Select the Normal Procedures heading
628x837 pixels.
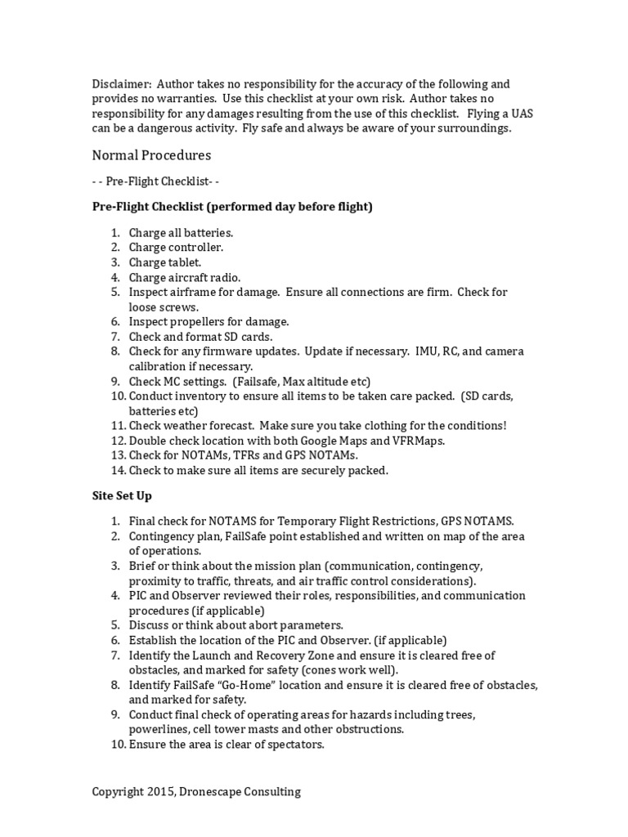[151, 154]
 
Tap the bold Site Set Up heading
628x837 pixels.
[122, 495]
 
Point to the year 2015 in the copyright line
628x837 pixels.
[155, 791]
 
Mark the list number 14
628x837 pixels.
[117, 470]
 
